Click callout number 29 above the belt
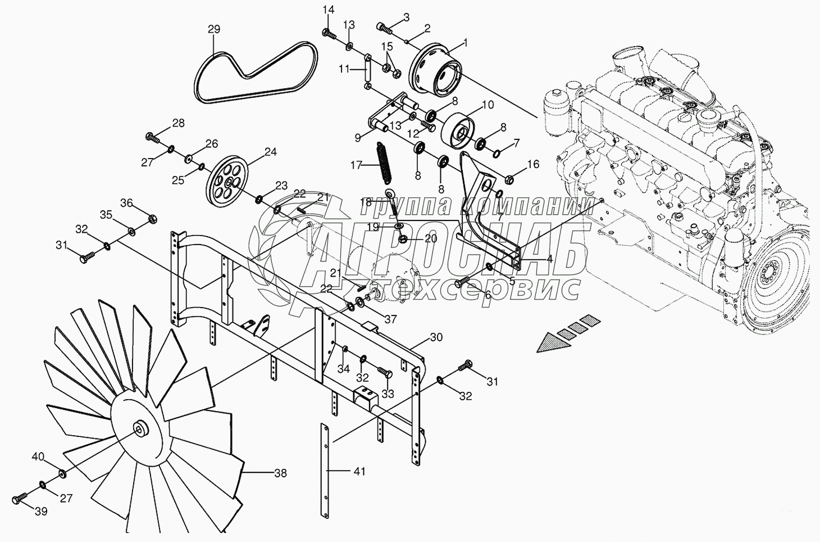214,29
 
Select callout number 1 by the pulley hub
464,42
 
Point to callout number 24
271,152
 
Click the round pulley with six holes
230,184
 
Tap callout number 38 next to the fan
280,473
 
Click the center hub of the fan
139,430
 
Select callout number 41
359,471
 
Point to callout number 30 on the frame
436,337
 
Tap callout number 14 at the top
329,9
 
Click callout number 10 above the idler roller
487,105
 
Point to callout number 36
127,203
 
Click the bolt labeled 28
152,135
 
